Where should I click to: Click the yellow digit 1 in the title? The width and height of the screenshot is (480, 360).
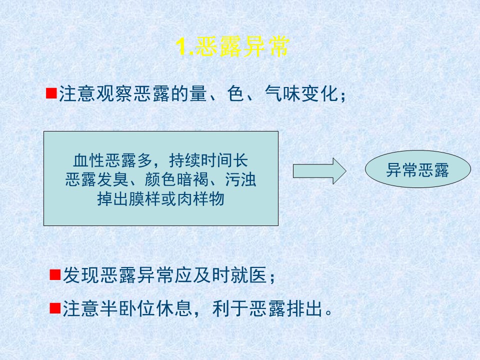(x=182, y=47)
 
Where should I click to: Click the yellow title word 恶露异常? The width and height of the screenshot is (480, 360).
(x=241, y=47)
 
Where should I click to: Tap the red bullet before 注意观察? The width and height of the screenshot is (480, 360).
(x=51, y=93)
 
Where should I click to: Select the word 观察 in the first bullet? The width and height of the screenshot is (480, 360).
(x=115, y=93)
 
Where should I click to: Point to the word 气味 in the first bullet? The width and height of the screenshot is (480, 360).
(x=282, y=93)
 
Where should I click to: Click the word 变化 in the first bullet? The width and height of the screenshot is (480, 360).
(x=319, y=93)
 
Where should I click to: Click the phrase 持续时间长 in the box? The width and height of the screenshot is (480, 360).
(x=208, y=160)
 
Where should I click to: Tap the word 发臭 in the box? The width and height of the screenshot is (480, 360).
(x=112, y=179)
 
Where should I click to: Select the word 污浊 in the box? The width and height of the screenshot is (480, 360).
(x=240, y=179)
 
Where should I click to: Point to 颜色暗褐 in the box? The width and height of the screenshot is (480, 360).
(x=176, y=179)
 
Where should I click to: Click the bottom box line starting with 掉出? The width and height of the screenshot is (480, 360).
(x=160, y=199)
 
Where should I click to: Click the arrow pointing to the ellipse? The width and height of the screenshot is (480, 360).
(x=319, y=171)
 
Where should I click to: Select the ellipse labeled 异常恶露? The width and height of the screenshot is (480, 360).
(x=418, y=169)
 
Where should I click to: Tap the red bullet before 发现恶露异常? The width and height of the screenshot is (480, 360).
(x=55, y=274)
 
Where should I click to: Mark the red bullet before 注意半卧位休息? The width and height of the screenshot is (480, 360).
(x=55, y=308)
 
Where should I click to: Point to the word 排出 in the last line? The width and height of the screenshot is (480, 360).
(x=304, y=308)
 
